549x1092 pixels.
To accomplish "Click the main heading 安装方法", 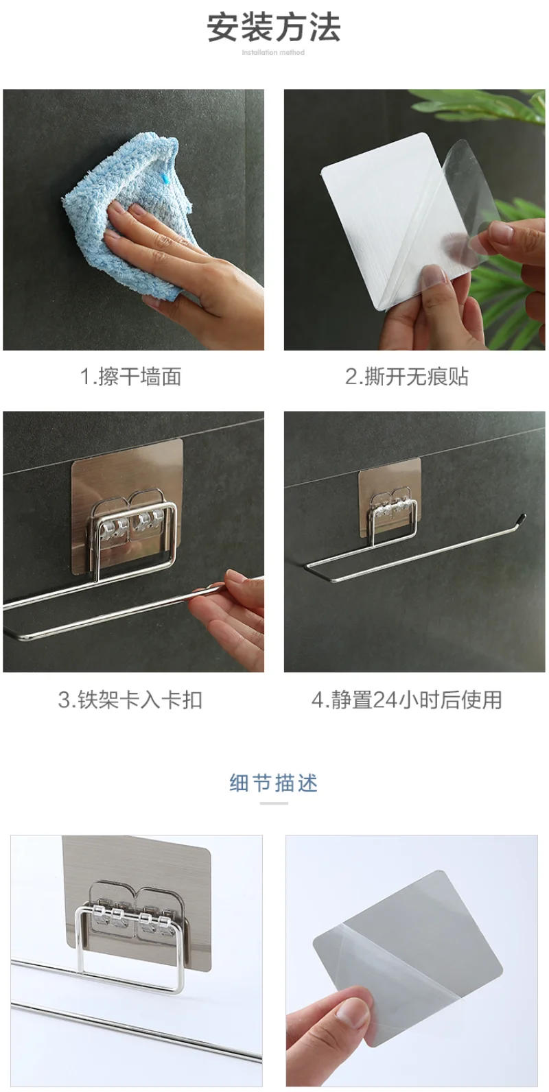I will [x=273, y=28].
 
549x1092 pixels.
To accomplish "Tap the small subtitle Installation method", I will [x=273, y=52].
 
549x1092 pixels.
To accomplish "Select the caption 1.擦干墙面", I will [x=131, y=377].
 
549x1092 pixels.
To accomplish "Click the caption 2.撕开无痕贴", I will [x=406, y=377].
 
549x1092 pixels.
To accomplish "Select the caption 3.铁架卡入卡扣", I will [x=130, y=700].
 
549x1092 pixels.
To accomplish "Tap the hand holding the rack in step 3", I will [x=233, y=610].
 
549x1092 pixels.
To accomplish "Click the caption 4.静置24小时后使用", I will [x=406, y=700].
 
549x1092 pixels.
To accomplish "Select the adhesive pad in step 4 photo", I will [x=389, y=480].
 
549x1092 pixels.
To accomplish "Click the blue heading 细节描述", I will [x=273, y=783].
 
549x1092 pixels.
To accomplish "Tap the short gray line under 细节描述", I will [x=273, y=803].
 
